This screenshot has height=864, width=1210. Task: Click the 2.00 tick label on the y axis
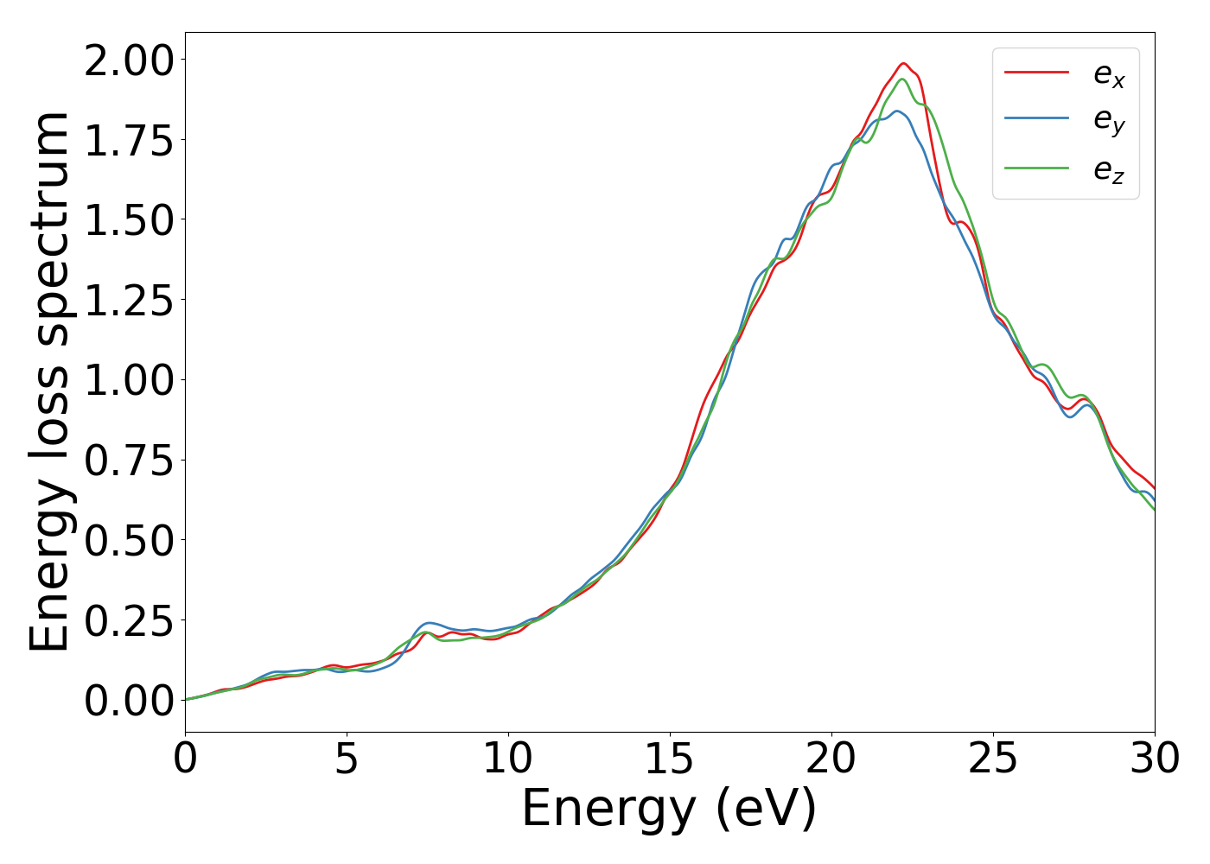click(129, 62)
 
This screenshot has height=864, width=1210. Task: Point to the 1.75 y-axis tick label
click(129, 142)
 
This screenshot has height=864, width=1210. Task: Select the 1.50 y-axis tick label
click(129, 221)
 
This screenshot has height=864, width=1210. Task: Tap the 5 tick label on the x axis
click(347, 759)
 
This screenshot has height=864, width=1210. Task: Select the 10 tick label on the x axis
click(508, 759)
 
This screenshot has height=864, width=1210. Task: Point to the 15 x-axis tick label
click(670, 759)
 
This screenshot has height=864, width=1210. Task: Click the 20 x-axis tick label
click(831, 759)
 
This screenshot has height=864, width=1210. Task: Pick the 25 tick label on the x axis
click(993, 759)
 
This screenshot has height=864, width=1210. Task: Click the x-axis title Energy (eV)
click(669, 810)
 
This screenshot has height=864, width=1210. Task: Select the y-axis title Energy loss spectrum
click(50, 381)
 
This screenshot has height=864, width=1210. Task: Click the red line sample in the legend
click(1036, 73)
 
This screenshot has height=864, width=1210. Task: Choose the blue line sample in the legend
click(1036, 120)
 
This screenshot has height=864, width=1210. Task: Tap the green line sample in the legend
click(1036, 168)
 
